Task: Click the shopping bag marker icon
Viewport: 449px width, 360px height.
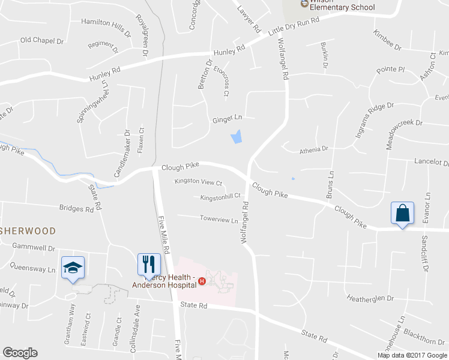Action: click(401, 214)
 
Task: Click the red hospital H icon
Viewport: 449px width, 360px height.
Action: click(202, 281)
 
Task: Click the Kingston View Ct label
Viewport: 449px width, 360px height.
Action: click(198, 182)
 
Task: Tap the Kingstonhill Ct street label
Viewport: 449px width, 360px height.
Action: click(220, 196)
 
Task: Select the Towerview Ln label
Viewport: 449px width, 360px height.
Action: click(219, 220)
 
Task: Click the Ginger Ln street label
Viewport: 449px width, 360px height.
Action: click(226, 120)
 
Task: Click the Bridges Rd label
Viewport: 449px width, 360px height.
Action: click(76, 209)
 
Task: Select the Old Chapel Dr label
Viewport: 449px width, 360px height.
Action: click(41, 40)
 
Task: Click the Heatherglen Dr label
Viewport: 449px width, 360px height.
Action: click(370, 298)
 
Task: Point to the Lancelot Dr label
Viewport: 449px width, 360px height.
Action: click(432, 163)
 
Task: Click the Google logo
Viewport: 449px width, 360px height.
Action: click(20, 353)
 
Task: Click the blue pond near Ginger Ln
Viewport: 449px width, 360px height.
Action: click(237, 137)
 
